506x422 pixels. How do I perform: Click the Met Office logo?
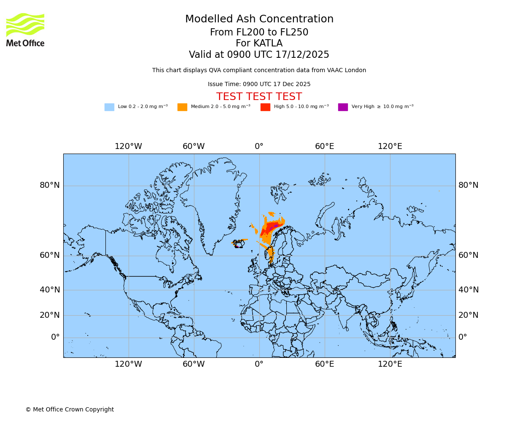25,30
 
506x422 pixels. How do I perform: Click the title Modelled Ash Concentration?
259,19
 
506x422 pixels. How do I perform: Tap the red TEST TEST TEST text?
259,97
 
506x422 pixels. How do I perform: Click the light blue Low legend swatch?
109,107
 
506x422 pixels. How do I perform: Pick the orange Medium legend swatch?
182,107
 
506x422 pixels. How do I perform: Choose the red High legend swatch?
265,107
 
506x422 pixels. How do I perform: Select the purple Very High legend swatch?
343,107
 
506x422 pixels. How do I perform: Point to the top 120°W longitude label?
128,146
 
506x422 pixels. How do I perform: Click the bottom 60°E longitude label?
324,364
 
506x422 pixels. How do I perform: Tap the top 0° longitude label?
259,146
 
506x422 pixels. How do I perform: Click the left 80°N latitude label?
50,185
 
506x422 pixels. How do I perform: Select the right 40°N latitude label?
468,290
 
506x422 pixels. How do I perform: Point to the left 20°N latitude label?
50,315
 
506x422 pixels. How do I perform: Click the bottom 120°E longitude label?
390,364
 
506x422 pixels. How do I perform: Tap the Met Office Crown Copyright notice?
70,410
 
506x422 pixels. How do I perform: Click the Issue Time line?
259,84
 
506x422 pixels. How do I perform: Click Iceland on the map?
239,243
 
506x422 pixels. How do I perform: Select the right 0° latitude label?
463,337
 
